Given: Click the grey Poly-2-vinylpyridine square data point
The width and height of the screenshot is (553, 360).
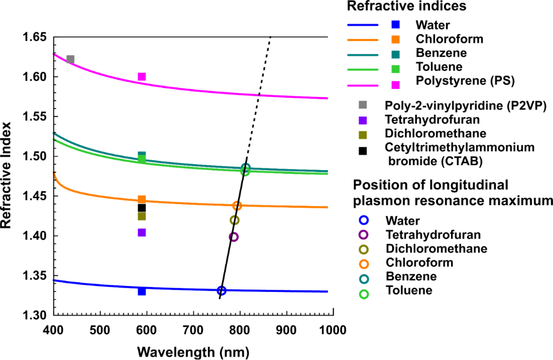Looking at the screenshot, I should (70, 59).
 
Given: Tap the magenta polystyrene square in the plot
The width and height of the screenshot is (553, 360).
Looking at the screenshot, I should (142, 77).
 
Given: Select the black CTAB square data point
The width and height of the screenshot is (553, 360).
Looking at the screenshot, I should (142, 208).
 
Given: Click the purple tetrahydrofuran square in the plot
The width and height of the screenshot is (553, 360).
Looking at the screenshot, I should (142, 233).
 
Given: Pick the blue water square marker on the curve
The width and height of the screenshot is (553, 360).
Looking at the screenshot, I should (142, 291).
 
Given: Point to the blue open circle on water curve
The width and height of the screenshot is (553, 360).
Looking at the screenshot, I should (221, 290).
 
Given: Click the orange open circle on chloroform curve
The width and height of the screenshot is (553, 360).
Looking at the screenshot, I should (237, 206).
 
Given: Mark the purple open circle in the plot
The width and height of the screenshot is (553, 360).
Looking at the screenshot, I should (234, 237).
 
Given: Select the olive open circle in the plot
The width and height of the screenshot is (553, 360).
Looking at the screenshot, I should (234, 220).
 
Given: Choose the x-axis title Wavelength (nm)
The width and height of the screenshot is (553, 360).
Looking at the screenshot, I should (193, 352).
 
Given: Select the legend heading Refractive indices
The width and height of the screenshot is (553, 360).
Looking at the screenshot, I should (407, 7).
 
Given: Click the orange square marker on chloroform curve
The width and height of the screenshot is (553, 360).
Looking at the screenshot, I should (142, 200).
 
